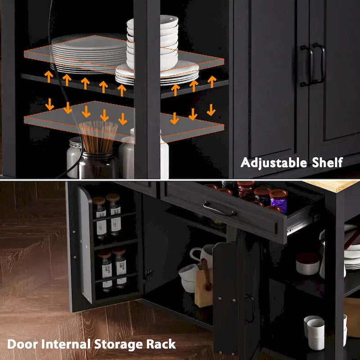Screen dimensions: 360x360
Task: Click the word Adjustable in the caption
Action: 274,163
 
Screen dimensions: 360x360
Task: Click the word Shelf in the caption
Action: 328,162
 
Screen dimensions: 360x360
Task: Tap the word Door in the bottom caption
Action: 22,344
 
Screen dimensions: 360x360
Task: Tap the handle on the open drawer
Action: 219,209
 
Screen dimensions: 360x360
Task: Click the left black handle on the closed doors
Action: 306,66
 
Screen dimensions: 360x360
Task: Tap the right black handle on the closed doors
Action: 319,63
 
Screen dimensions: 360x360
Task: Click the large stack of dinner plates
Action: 88,54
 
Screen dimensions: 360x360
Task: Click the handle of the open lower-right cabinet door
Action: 250,308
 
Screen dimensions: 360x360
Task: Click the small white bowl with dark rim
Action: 308,264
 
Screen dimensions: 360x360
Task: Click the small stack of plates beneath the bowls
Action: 157,73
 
